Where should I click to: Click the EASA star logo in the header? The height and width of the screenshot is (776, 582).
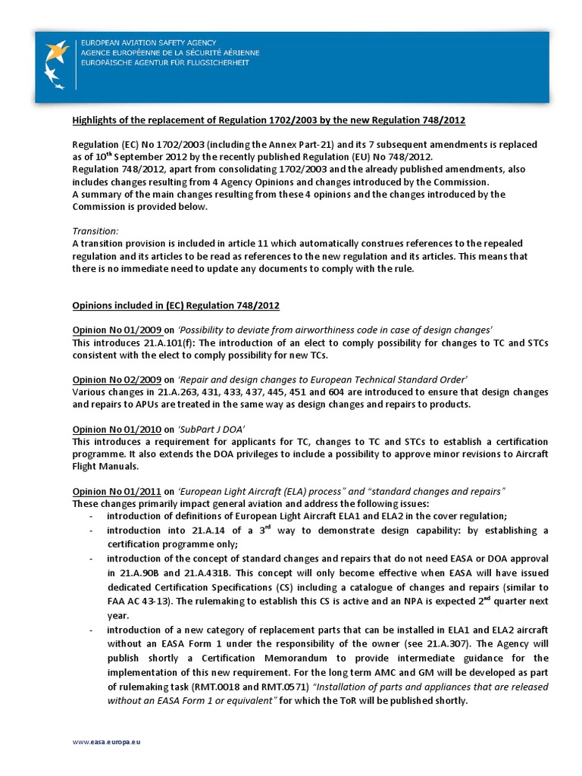click(x=57, y=61)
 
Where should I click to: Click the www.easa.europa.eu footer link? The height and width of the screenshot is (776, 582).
click(x=106, y=742)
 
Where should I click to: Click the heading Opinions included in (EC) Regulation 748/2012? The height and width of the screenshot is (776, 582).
click(x=176, y=305)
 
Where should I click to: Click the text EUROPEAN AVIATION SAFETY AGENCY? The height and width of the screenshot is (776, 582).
click(x=149, y=43)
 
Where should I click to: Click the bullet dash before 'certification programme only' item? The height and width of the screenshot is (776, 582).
click(x=91, y=530)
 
